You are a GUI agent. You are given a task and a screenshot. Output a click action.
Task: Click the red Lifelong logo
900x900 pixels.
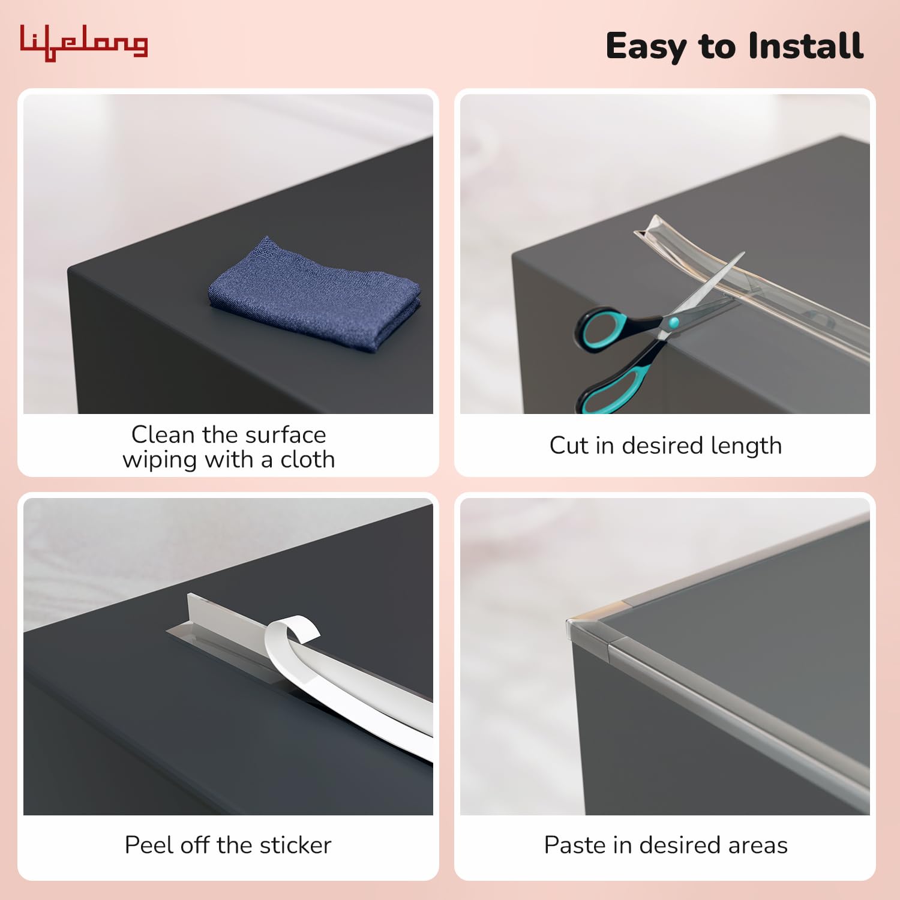coord(84,43)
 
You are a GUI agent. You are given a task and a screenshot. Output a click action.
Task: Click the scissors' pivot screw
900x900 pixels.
coord(673,323)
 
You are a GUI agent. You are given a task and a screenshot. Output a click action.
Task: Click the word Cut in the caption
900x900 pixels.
coord(569,446)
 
